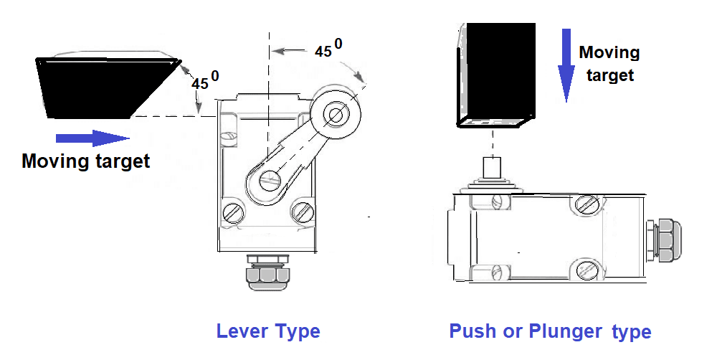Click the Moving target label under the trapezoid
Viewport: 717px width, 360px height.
(85, 161)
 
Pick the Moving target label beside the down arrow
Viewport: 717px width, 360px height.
(609, 63)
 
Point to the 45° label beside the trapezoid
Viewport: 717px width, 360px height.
(204, 80)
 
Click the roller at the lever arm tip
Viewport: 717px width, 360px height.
(334, 113)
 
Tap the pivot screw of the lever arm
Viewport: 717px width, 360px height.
(270, 179)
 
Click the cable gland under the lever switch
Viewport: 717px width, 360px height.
(267, 273)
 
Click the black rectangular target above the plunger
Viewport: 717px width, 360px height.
(498, 74)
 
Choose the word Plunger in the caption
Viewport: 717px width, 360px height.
(566, 331)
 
